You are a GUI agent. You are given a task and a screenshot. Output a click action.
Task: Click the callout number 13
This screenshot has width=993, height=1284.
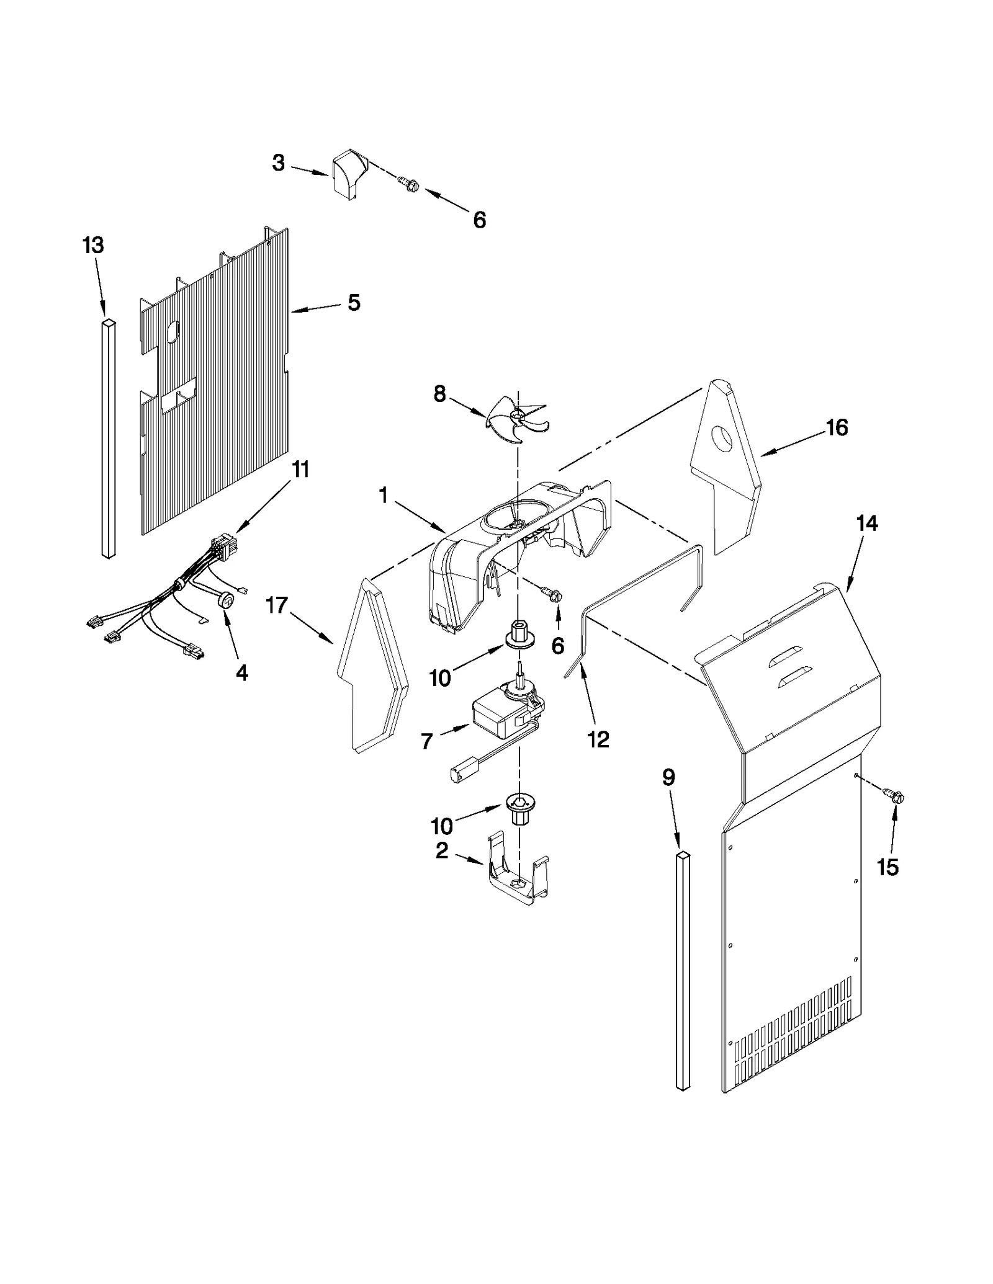[93, 246]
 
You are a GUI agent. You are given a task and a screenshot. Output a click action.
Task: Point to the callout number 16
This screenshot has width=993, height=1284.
[836, 427]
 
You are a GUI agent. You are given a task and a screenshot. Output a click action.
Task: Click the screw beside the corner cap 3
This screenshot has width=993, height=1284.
[410, 184]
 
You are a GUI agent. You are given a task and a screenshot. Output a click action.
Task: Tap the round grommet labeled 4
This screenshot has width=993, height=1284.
[228, 600]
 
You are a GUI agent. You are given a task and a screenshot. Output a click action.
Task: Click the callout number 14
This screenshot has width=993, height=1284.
[867, 524]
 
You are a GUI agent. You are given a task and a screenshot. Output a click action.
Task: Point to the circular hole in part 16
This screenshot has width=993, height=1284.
[722, 438]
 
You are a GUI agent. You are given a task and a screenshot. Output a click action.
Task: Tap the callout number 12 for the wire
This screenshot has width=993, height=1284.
[598, 739]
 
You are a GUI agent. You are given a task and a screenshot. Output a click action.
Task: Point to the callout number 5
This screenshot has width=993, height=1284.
[353, 303]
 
